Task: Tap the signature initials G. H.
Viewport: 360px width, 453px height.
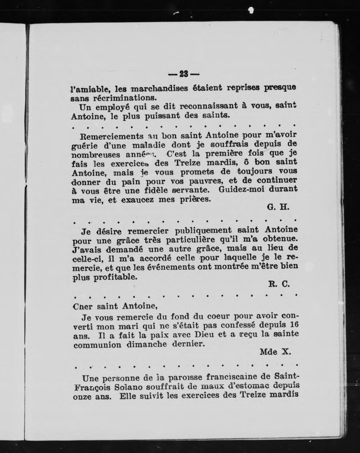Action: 278,207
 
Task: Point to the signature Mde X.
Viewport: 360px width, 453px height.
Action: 275,352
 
